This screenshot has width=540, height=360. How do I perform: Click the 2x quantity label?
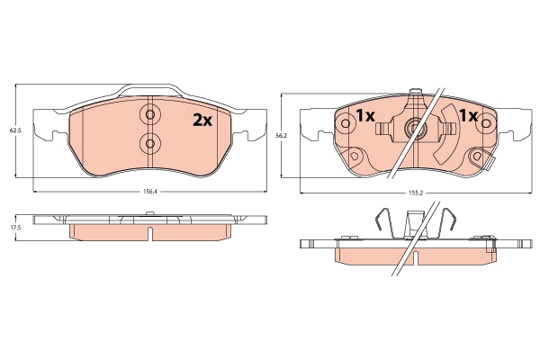tap(200, 120)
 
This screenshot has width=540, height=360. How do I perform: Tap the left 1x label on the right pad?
tap(364, 116)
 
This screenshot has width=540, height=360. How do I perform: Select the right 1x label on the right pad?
tap(468, 116)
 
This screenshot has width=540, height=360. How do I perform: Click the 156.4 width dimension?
tap(149, 191)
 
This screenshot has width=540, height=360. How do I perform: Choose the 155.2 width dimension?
tap(415, 192)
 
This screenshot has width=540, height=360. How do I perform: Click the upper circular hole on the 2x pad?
tap(149, 115)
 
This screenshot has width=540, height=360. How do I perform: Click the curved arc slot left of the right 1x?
tap(444, 144)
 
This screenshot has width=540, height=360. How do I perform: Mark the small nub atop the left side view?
tap(149, 214)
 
